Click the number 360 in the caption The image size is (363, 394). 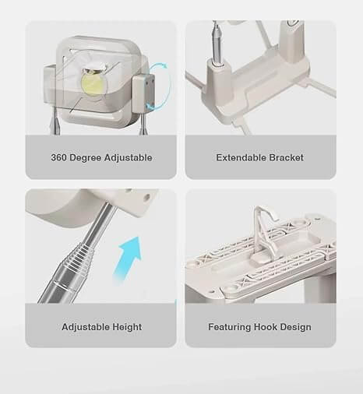point(59,157)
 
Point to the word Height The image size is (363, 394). point(127,327)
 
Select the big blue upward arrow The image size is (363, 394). point(128,259)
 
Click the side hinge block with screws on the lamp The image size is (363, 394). point(143,93)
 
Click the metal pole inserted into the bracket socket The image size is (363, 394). point(217,41)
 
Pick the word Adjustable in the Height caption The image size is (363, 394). point(86,327)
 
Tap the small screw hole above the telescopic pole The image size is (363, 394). point(146,198)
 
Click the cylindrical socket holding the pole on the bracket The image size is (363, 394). point(217,78)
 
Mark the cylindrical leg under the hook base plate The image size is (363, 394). point(320,289)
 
